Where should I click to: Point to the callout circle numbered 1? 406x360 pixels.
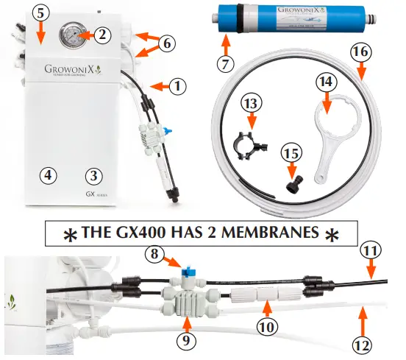[x=176, y=86]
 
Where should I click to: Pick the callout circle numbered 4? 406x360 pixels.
[x=47, y=175]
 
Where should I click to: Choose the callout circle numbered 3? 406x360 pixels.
[x=93, y=175]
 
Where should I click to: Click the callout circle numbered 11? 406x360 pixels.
[x=371, y=251]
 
